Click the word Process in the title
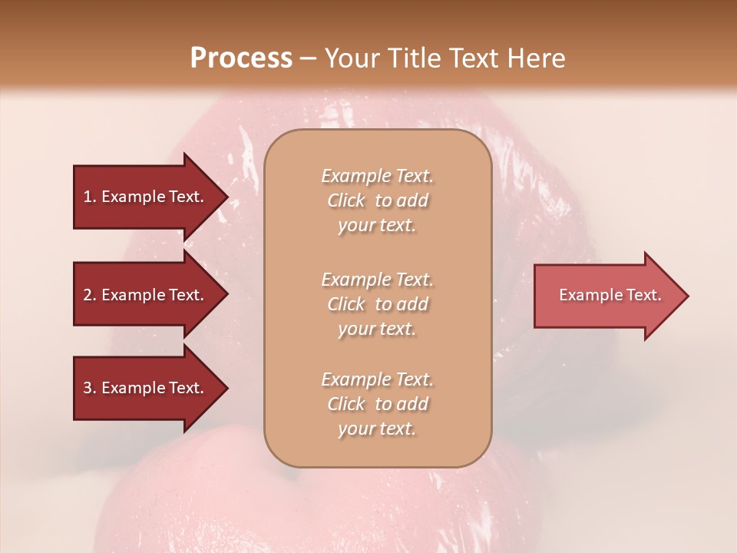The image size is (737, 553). [x=241, y=58]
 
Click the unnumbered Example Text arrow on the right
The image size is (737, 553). [x=610, y=295]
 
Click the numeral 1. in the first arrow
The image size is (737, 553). [x=90, y=197]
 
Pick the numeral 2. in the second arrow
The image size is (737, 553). [x=90, y=295]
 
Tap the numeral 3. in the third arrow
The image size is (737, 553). [x=90, y=388]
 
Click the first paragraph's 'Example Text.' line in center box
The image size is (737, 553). [x=377, y=176]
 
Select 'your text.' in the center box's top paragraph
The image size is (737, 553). [x=377, y=226]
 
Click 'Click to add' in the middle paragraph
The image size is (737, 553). [x=377, y=304]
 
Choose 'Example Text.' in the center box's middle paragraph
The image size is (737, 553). [x=377, y=280]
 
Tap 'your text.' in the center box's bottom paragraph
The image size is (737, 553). [x=377, y=429]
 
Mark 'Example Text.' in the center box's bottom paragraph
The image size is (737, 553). [x=377, y=379]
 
